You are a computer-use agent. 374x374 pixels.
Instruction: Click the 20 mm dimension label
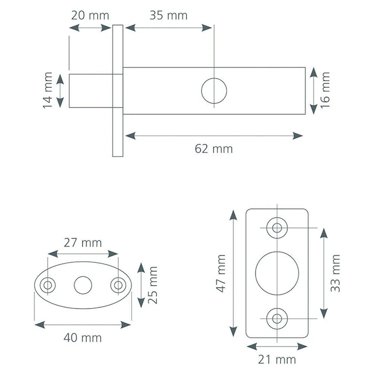(x=90, y=16)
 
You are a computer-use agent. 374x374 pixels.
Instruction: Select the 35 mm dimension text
(x=168, y=16)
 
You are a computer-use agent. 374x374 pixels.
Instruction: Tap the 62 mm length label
(x=214, y=149)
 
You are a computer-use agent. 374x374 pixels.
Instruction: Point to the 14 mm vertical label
(x=48, y=90)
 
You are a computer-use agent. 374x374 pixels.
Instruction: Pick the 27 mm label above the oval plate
(x=83, y=243)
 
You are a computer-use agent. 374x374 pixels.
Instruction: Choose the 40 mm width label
(x=82, y=338)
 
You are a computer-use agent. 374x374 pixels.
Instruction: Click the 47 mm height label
(x=221, y=273)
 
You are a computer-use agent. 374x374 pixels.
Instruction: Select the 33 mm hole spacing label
(x=335, y=273)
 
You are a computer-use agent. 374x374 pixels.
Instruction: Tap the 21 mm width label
(x=277, y=359)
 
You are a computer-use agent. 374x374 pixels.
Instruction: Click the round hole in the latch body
(x=214, y=91)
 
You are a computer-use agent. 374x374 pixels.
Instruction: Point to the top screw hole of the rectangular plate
(x=277, y=228)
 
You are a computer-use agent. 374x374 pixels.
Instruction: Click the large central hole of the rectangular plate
(x=277, y=273)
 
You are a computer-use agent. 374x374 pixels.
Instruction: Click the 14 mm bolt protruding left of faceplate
(x=90, y=91)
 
